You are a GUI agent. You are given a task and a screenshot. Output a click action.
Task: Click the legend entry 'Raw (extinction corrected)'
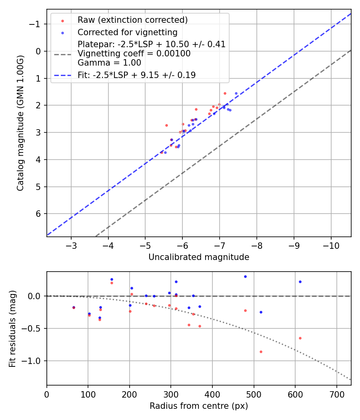pyautogui.click(x=132, y=20)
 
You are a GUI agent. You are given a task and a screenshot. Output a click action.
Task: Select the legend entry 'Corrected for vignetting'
pyautogui.click(x=127, y=32)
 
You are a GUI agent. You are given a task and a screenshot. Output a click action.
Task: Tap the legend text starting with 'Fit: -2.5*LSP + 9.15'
pyautogui.click(x=136, y=75)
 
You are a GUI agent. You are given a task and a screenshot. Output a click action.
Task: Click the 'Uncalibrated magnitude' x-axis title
pyautogui.click(x=199, y=257)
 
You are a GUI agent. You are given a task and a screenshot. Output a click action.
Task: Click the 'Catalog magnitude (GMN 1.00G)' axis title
pyautogui.click(x=21, y=123)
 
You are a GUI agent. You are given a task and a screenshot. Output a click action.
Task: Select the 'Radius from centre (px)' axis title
pyautogui.click(x=199, y=406)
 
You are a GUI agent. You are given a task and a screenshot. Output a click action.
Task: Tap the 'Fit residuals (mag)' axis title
pyautogui.click(x=12, y=328)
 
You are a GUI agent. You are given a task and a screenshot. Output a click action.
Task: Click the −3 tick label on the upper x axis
pyautogui.click(x=71, y=245)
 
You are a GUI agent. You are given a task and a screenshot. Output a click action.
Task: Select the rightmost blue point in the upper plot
pyautogui.click(x=236, y=93)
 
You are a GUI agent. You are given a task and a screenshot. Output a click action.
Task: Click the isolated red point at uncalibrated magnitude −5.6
pyautogui.click(x=166, y=125)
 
